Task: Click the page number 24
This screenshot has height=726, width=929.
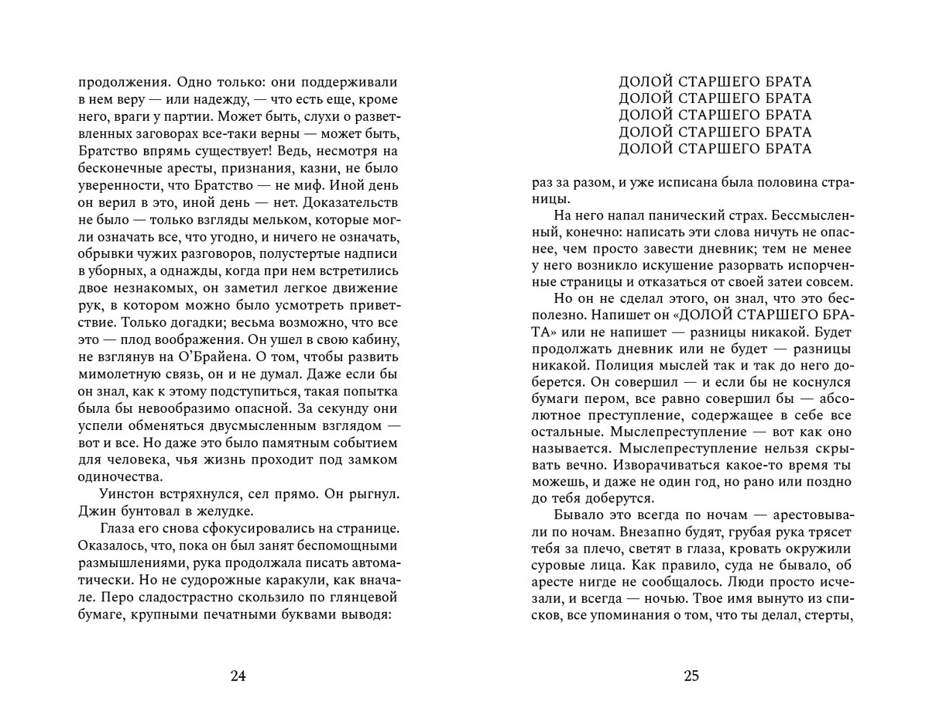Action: (238, 676)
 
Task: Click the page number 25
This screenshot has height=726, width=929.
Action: (691, 676)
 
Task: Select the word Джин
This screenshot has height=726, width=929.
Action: (97, 511)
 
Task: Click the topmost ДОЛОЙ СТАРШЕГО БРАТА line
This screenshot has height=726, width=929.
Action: (715, 81)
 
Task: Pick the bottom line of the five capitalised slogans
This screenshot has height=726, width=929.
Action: (715, 149)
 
